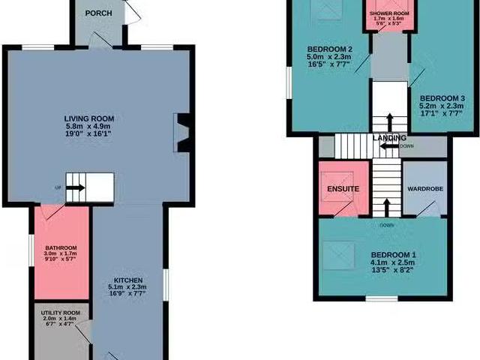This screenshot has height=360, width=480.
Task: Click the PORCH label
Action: [x=99, y=13]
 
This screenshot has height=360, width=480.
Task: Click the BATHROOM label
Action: [x=60, y=247]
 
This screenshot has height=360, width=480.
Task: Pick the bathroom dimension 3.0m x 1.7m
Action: [x=60, y=255]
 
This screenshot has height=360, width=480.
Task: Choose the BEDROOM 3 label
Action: [x=442, y=98]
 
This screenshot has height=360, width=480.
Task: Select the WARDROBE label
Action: [x=426, y=188]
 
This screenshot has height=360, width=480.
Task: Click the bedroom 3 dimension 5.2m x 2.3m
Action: [x=442, y=107]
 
